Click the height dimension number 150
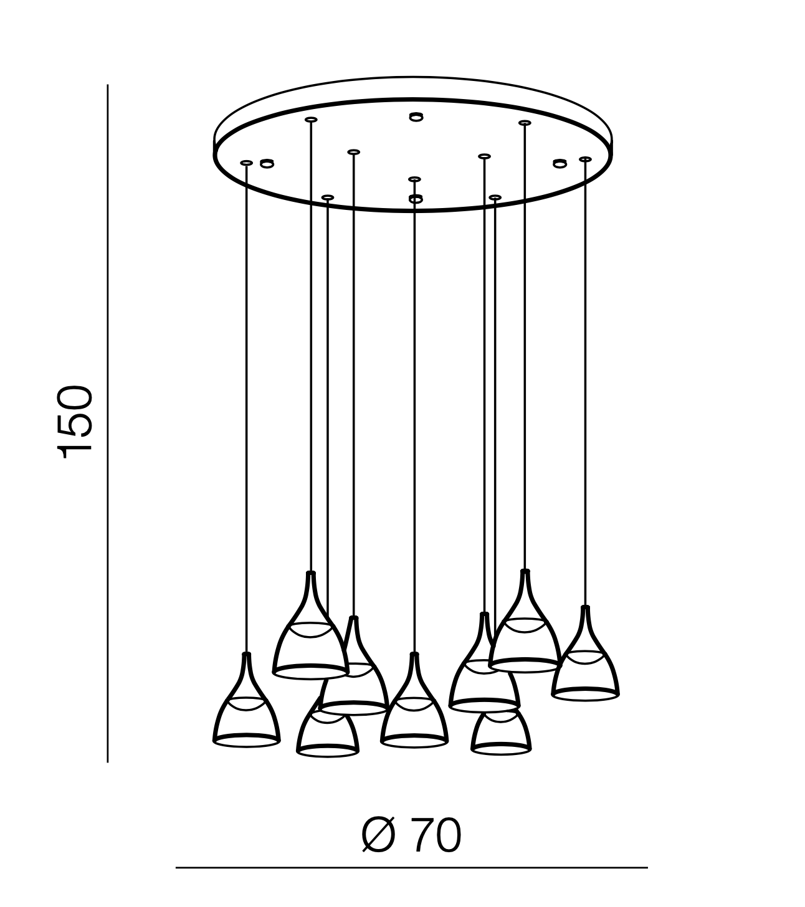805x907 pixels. coord(74,422)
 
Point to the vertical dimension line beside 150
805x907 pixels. coord(107,423)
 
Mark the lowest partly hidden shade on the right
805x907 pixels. coord(501,733)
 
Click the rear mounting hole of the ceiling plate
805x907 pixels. coord(416,117)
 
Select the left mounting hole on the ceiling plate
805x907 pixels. coord(267,163)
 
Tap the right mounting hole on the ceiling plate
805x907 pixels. coord(560,163)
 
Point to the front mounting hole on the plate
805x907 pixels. coord(416,199)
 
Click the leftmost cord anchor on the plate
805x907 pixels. coord(246,163)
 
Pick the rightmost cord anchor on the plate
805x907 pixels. coord(585,159)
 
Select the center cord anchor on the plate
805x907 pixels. coord(414,179)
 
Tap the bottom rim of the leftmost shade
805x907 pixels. coord(246,741)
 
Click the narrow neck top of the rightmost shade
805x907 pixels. coord(585,608)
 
